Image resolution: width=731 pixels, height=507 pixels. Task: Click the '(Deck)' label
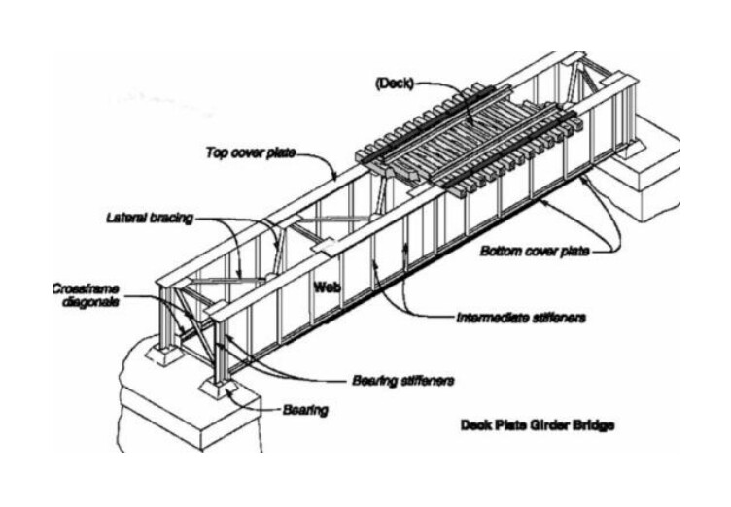(395, 84)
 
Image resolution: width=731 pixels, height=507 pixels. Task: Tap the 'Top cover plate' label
(251, 152)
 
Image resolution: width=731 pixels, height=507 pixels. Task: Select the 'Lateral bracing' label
(149, 218)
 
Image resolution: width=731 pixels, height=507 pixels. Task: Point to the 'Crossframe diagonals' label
(87, 295)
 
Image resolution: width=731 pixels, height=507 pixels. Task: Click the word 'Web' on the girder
(327, 287)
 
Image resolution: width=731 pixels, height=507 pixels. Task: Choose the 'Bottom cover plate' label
(535, 251)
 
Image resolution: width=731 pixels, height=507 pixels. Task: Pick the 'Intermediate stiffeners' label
(521, 318)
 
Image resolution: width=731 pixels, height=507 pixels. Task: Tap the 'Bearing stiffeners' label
(402, 381)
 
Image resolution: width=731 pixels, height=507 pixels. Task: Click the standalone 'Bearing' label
(305, 410)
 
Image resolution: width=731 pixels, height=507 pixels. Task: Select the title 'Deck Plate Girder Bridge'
(537, 425)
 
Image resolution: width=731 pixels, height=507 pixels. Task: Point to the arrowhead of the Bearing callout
(228, 391)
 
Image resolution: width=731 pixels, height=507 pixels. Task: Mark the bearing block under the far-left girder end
(163, 355)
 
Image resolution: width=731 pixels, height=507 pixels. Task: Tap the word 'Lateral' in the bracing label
(124, 218)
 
